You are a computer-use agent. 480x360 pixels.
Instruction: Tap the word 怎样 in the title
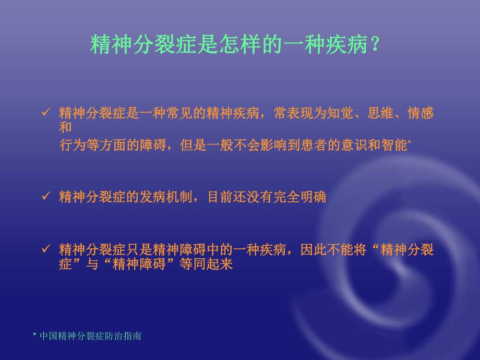pyautogui.click(x=243, y=45)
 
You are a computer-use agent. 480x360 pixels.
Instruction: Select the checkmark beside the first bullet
pyautogui.click(x=45, y=112)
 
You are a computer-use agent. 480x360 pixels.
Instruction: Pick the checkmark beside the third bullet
pyautogui.click(x=45, y=249)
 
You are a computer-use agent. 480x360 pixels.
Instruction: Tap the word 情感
pyautogui.click(x=421, y=113)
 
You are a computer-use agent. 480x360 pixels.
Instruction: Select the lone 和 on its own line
pyautogui.click(x=65, y=127)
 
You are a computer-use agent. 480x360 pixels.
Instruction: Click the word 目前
pyautogui.click(x=220, y=197)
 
